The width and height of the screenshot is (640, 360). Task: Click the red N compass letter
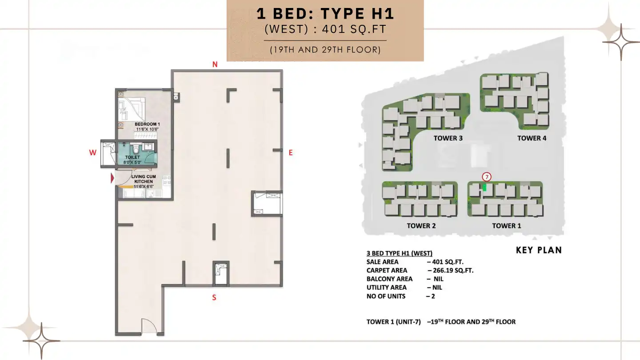pos(215,64)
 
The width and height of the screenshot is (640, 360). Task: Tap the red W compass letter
pos(92,152)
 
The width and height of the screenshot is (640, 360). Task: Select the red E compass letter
pos(291,152)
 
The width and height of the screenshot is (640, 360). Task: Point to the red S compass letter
pos(214,297)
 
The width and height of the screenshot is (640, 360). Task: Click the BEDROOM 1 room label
pos(147,124)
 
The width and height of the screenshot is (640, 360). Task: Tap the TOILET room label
pos(132,157)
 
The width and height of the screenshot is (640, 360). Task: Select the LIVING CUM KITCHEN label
pos(143,179)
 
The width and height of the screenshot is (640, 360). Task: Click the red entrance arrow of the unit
pos(112,179)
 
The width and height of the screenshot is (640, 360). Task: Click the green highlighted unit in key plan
pos(485,188)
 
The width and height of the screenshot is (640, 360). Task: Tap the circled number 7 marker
pos(487,176)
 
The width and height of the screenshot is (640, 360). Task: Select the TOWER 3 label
pos(448,138)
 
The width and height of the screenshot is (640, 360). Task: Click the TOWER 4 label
pos(532,138)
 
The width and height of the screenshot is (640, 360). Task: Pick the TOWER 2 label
pos(421,226)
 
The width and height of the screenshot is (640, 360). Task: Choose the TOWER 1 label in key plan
pos(506,226)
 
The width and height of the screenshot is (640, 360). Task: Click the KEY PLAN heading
pos(539,250)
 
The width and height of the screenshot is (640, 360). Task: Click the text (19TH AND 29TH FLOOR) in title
pos(325,50)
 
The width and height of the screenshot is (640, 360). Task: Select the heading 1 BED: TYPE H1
pos(325,14)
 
